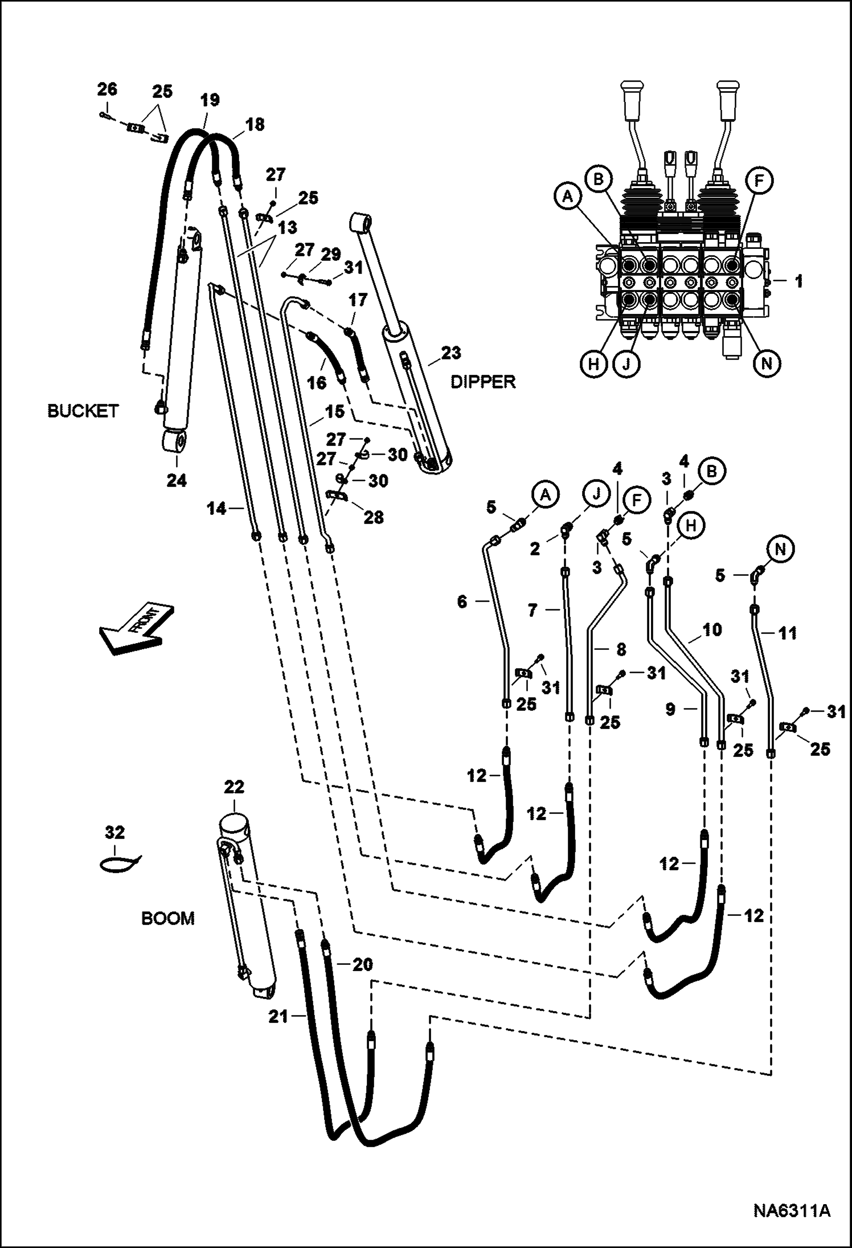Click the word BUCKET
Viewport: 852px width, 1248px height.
click(83, 411)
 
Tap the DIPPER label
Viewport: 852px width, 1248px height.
click(483, 382)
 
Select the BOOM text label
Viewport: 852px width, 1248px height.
click(168, 918)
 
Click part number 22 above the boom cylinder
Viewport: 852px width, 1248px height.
click(234, 788)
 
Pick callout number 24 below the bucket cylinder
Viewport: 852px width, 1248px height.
click(177, 480)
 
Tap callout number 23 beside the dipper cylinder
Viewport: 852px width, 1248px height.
click(451, 353)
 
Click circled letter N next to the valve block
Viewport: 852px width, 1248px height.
click(767, 363)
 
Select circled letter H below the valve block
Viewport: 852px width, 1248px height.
click(593, 363)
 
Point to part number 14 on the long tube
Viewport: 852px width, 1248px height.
click(216, 508)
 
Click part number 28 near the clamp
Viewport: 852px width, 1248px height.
click(374, 517)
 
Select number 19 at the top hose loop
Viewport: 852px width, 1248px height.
click(210, 101)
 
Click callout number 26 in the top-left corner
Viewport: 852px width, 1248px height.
click(107, 89)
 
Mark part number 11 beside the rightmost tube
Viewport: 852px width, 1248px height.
click(787, 633)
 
